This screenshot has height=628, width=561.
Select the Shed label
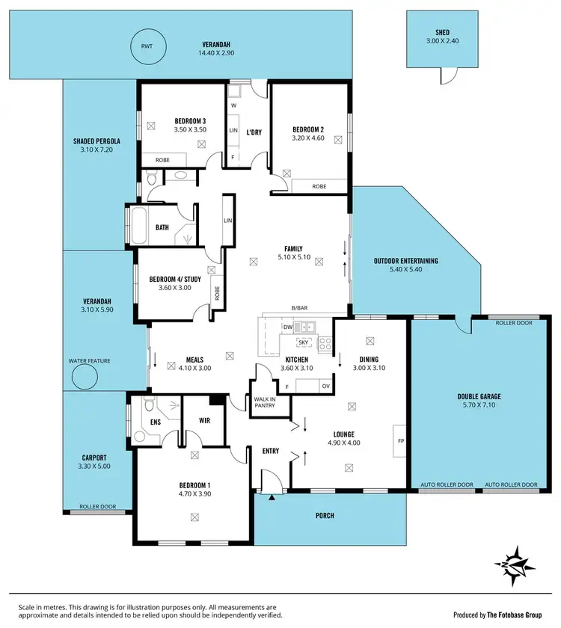point(442,32)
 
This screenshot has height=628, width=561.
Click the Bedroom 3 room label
point(190,120)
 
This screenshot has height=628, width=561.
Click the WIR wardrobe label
point(205,421)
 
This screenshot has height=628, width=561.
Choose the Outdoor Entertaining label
point(405,260)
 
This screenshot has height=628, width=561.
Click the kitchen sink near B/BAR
point(305,327)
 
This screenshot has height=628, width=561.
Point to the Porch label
point(325,516)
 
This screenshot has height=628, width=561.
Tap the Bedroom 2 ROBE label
point(319,186)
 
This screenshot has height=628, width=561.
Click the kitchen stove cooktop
point(325,344)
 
